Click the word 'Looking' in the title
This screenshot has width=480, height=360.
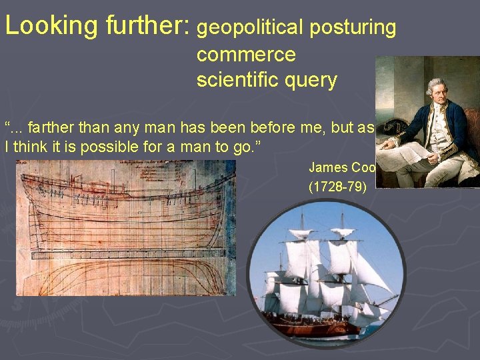(51, 27)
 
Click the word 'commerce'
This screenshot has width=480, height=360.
(246, 54)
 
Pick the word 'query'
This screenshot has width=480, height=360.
(313, 81)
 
